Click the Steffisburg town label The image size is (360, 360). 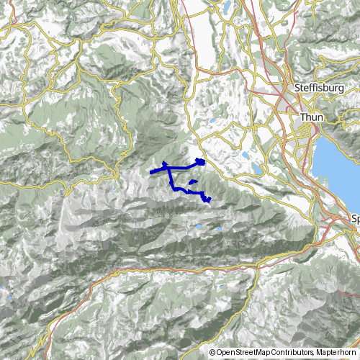click(x=318, y=88)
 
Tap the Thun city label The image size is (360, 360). click(x=312, y=117)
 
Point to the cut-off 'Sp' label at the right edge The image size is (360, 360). click(x=354, y=217)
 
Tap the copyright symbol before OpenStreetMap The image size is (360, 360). click(x=212, y=353)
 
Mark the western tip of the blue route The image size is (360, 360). click(x=150, y=173)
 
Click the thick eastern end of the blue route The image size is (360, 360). click(x=200, y=162)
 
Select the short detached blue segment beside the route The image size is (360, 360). click(x=193, y=184)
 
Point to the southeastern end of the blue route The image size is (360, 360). click(x=208, y=199)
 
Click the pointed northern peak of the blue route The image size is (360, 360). click(x=166, y=164)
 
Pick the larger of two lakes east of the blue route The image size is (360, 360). click(x=256, y=170)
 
